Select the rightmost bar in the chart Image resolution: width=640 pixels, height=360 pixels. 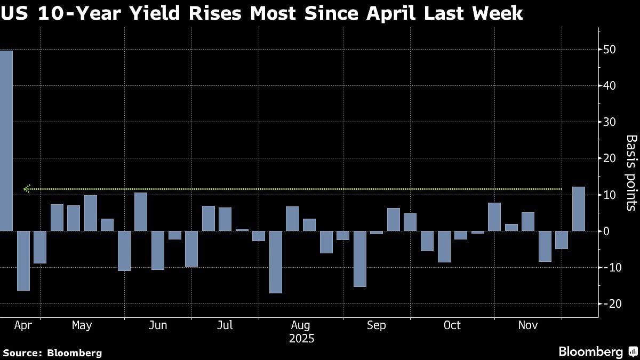[x=578, y=209]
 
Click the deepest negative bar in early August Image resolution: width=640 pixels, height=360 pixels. [x=276, y=262]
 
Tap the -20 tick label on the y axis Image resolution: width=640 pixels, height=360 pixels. [x=609, y=303]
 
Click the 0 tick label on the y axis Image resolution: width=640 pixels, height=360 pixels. [x=606, y=231]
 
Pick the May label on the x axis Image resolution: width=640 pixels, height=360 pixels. [x=82, y=325]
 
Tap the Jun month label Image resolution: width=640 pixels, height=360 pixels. [x=158, y=325]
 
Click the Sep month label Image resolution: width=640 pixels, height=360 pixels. [x=377, y=325]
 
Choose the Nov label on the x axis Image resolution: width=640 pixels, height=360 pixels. [x=528, y=325]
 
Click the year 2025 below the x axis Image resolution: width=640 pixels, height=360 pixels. [x=301, y=339]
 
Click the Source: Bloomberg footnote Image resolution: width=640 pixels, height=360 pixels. [x=52, y=353]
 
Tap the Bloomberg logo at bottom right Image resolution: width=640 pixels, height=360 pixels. [x=597, y=351]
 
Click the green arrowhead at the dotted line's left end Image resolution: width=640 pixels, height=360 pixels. [x=27, y=188]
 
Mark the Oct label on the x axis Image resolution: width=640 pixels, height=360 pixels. [x=452, y=325]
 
